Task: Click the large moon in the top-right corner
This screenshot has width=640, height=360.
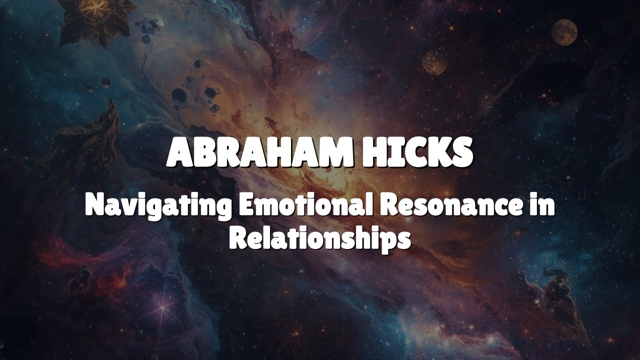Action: coord(564,32)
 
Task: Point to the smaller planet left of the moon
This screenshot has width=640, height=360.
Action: coord(434,62)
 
